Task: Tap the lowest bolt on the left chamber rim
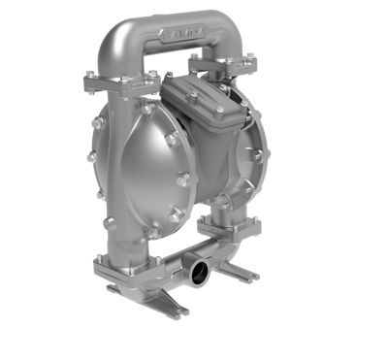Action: tap(153, 232)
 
